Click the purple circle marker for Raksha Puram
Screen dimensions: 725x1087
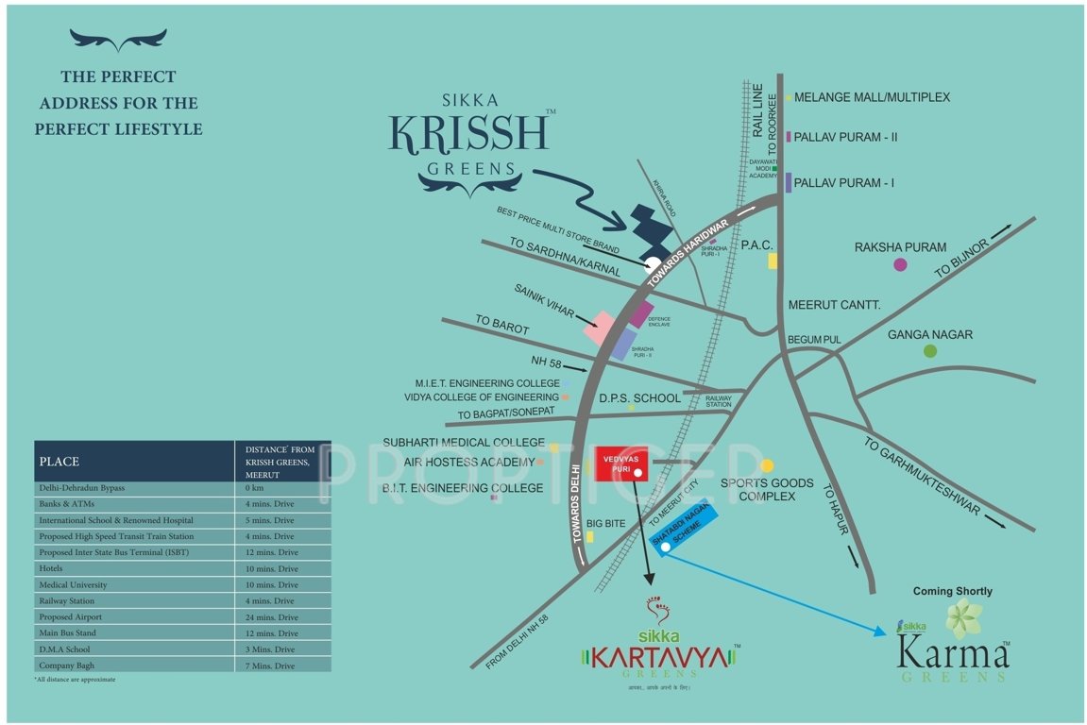coord(900,264)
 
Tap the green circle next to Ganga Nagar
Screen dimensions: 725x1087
coord(930,351)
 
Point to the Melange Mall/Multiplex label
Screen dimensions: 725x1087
coord(872,97)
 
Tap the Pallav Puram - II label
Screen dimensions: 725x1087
coord(845,137)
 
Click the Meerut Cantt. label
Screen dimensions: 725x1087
coord(834,305)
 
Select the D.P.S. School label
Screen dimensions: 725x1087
coord(639,398)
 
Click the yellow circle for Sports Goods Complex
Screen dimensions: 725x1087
coord(767,465)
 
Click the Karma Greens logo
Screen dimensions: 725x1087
coord(952,650)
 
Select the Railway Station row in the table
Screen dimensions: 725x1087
coord(181,601)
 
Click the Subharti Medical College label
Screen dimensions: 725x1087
coord(463,442)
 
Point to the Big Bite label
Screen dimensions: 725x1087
coord(606,522)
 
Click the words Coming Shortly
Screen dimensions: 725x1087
coord(952,591)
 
